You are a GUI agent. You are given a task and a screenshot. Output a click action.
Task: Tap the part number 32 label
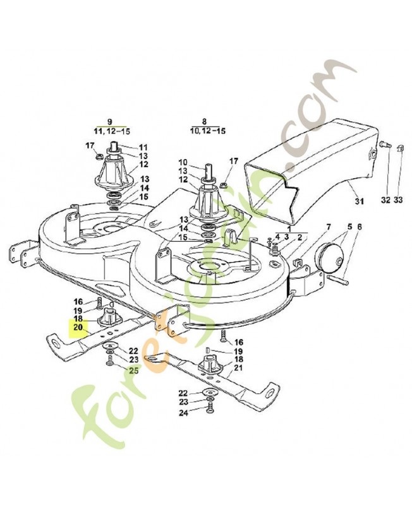(x=385, y=201)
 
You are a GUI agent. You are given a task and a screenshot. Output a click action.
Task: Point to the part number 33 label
(x=397, y=201)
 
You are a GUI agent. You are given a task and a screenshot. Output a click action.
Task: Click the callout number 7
(x=328, y=227)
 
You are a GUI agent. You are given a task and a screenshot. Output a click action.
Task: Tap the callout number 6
(x=360, y=227)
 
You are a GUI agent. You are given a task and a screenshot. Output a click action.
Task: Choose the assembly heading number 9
(x=109, y=121)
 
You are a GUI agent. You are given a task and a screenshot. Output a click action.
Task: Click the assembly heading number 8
(x=203, y=121)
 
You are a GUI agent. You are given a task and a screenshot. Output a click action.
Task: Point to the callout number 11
(x=143, y=146)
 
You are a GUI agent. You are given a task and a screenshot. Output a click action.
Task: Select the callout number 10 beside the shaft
(x=184, y=162)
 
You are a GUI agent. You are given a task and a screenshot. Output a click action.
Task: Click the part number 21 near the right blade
(x=238, y=367)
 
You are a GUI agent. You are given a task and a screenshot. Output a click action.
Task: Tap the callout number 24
(x=184, y=413)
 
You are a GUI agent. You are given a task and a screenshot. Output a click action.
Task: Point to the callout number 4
(x=277, y=237)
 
